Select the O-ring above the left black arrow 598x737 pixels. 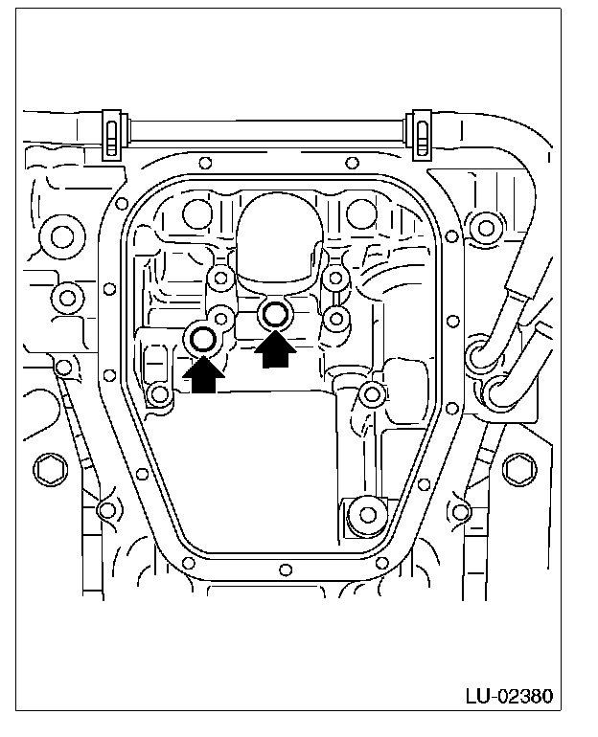203,338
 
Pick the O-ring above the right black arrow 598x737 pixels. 276,312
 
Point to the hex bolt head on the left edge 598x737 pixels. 48,470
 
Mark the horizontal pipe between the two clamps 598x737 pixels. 266,126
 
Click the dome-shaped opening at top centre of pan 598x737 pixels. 280,234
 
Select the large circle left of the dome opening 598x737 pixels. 198,212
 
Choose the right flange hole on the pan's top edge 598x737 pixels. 353,164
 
